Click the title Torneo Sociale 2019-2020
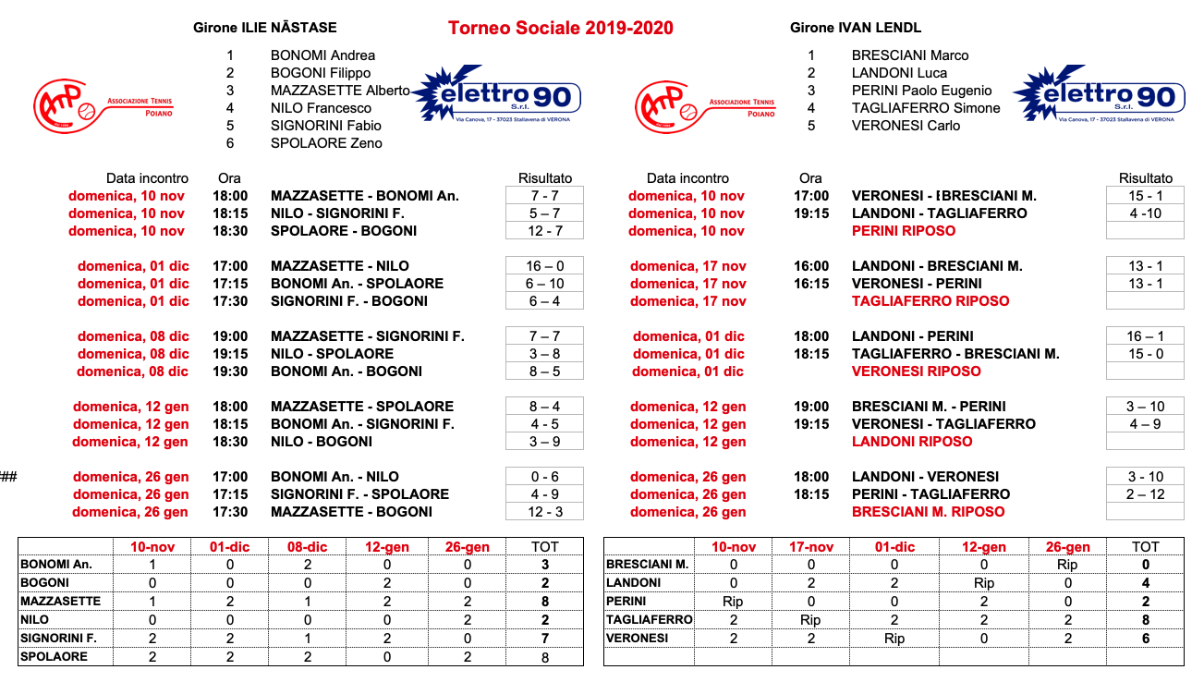tap(560, 29)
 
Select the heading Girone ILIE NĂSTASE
tap(265, 28)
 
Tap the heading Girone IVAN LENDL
tap(856, 28)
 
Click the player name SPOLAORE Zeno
tap(326, 143)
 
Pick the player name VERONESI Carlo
tap(906, 126)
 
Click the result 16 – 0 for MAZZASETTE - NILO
tap(544, 266)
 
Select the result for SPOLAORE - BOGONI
tap(544, 231)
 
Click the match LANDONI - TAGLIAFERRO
tap(939, 213)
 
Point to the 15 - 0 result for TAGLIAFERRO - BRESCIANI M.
tap(1145, 354)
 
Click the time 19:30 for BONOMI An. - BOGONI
tap(229, 371)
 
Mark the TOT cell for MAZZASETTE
tap(545, 602)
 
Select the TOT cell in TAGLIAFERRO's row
tap(1145, 620)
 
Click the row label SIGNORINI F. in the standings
tap(58, 639)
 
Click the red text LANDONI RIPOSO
tap(912, 442)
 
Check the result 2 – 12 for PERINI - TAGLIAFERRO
tap(1145, 494)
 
